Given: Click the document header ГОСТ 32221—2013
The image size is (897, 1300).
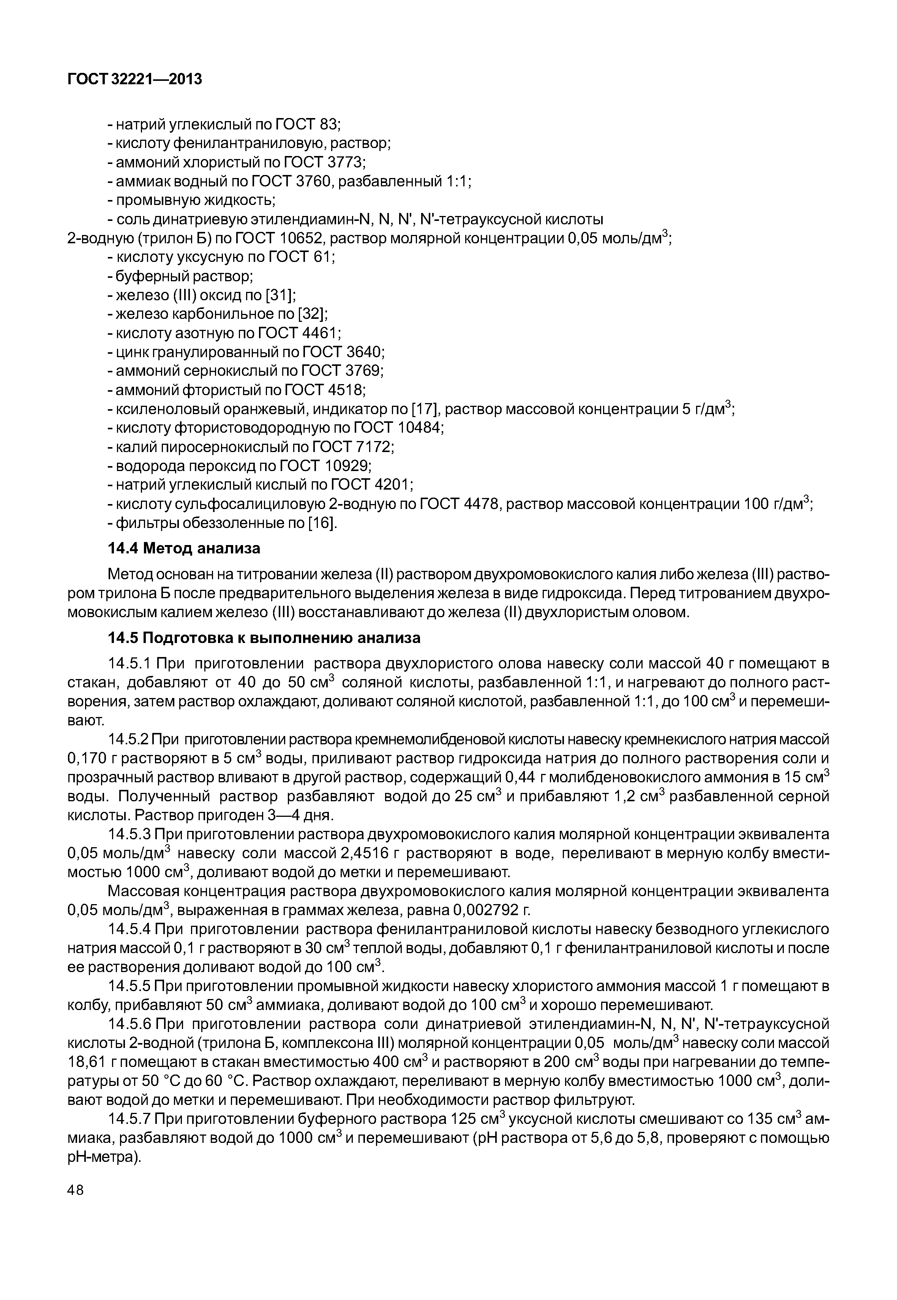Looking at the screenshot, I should pos(134,80).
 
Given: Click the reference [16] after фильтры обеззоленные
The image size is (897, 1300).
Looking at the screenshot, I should pos(322,523).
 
